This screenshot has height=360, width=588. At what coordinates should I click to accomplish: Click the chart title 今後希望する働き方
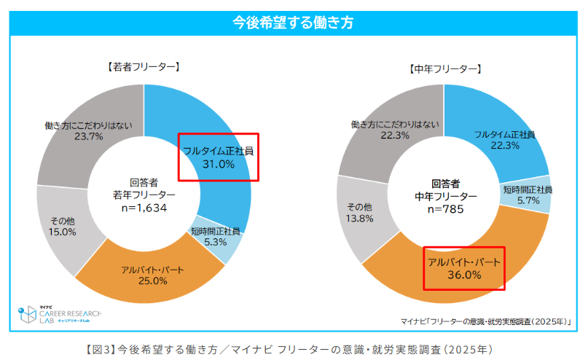point(294,23)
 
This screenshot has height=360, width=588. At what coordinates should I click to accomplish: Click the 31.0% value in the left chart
point(218,165)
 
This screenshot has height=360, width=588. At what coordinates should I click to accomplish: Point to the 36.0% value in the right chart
point(464,275)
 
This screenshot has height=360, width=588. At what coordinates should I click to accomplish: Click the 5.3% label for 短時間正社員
point(216,242)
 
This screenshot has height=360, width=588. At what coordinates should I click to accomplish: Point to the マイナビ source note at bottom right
point(485,321)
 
